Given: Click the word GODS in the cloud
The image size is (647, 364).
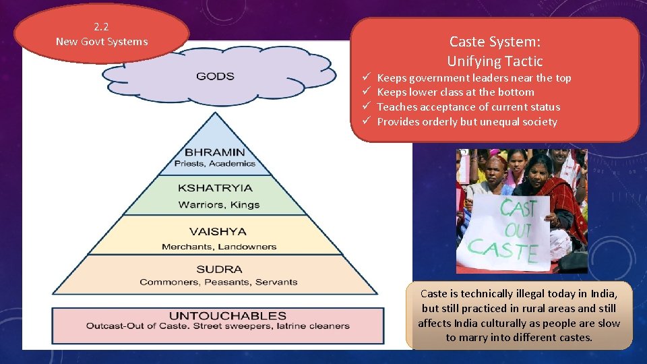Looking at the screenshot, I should coord(215,76).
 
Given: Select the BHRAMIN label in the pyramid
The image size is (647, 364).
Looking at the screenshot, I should coord(215,152).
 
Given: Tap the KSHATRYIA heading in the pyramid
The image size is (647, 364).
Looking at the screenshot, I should coord(215,188).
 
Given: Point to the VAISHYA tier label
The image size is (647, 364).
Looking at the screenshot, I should coord(217,231).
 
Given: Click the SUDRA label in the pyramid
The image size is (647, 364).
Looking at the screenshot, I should coord(218,269).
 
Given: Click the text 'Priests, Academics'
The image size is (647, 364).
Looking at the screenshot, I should coord(215,163).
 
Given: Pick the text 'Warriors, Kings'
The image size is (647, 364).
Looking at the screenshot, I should coord(219,204).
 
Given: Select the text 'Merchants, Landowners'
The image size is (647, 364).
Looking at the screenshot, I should coord(219,246).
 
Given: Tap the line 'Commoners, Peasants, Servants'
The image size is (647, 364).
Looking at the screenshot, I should coord(218,282).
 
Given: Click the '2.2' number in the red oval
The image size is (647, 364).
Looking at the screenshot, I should coord(101,27).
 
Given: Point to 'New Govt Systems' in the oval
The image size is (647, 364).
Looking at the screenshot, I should coord(102,42).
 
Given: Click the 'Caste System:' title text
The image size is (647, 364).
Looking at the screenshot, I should coord(495,42).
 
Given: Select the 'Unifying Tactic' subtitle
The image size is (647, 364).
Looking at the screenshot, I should coord(495,61).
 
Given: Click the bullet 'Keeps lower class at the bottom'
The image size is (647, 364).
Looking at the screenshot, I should coord(456,92).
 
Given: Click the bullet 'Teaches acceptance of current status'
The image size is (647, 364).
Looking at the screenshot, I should coord(468,107).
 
